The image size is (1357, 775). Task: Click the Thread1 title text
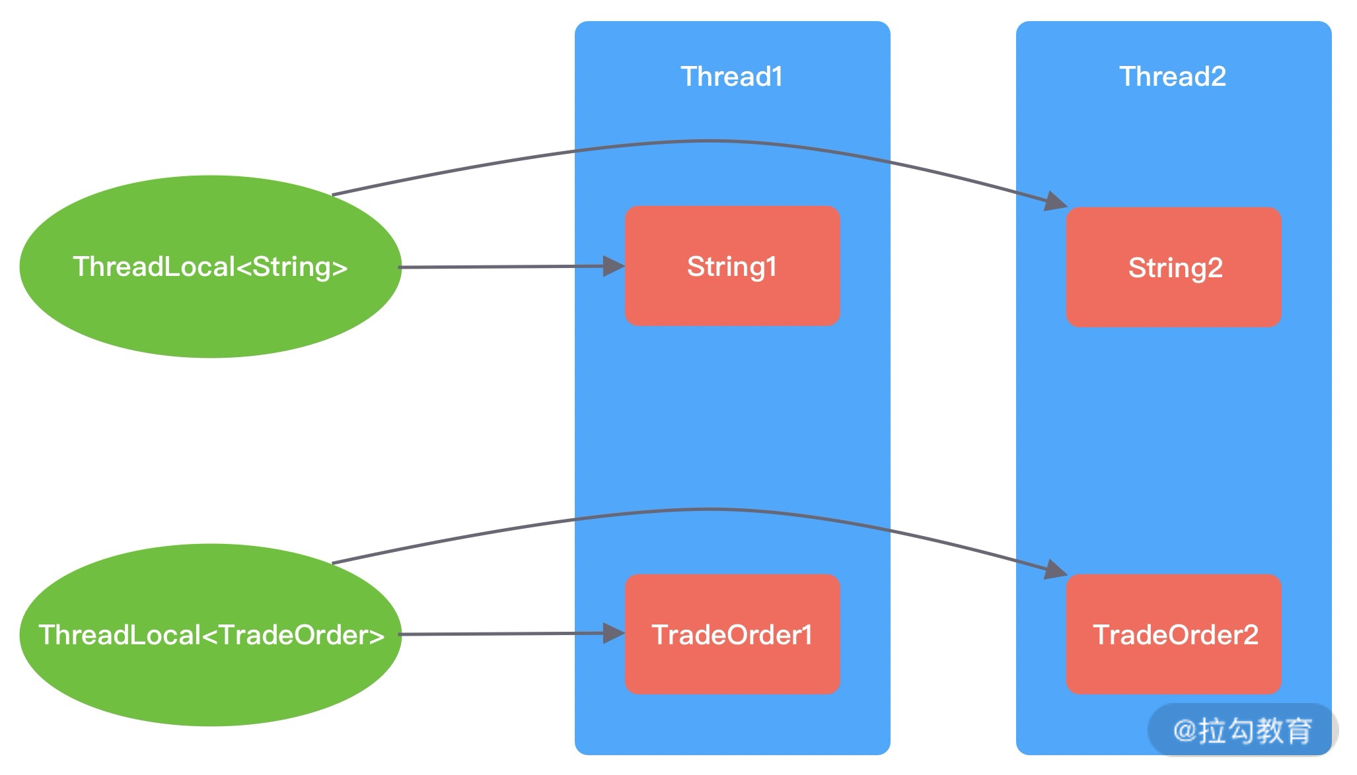731,77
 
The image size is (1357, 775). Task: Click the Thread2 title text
1173,77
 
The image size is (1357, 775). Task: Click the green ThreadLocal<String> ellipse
210,310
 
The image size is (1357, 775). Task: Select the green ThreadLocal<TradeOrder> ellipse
210,680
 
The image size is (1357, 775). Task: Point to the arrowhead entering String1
614,267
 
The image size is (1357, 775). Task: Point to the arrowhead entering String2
1055,201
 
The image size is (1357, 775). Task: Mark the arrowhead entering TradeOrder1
614,634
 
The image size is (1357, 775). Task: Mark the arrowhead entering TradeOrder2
1055,569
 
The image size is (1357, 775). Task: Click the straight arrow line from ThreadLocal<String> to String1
502,267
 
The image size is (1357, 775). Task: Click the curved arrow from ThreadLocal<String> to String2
710,141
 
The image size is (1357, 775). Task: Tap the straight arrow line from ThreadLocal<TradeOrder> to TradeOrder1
502,634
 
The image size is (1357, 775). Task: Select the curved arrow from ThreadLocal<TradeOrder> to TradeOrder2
710,509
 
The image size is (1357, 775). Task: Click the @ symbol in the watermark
1185,731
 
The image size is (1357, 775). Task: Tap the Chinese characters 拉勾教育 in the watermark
1255,731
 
